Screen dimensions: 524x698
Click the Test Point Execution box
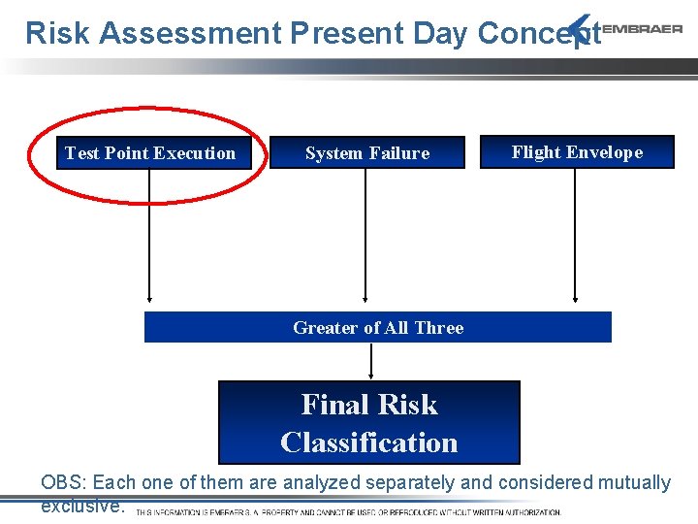[149, 153]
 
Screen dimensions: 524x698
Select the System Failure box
[365, 153]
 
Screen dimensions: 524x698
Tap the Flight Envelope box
[577, 152]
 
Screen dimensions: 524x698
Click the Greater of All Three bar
[378, 328]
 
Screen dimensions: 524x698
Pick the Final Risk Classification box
[368, 422]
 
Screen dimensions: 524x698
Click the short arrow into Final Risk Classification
[370, 361]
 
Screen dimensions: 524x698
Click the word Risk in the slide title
[58, 33]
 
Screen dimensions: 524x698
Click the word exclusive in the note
[81, 506]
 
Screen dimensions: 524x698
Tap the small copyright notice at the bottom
[348, 512]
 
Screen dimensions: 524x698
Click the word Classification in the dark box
[368, 442]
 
